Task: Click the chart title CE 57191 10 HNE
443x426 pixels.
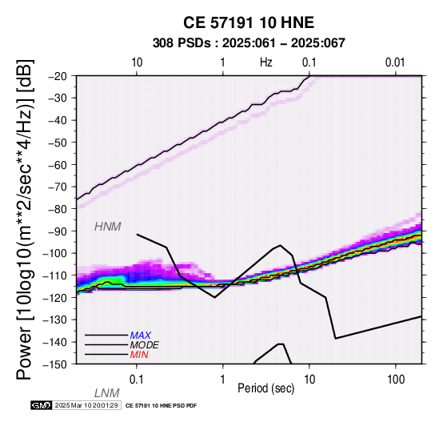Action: [x=249, y=22]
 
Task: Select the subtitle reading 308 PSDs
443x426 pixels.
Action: [x=182, y=43]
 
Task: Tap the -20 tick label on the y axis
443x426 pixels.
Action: [x=58, y=76]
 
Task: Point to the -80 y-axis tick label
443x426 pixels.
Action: [x=58, y=209]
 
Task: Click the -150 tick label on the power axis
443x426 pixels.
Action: [x=56, y=364]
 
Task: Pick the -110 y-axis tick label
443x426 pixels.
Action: [x=56, y=275]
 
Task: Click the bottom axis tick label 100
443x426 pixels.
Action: [x=396, y=380]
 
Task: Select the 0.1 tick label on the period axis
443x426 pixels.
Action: [x=137, y=380]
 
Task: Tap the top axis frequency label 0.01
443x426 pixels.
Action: [x=395, y=62]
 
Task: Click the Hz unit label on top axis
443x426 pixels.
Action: [x=266, y=62]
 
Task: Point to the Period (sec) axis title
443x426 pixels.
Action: [x=266, y=388]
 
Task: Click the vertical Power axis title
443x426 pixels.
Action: [x=25, y=219]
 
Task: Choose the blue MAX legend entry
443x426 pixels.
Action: [x=141, y=336]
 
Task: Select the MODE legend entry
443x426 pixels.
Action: [x=145, y=345]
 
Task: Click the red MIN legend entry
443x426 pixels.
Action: [x=139, y=355]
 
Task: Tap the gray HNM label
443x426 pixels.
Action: [x=108, y=227]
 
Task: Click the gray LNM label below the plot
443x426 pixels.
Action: [x=107, y=393]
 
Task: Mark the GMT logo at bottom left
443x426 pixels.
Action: [x=42, y=405]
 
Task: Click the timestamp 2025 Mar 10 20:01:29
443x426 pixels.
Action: [x=86, y=405]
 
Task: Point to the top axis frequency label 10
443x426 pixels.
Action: [x=137, y=62]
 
